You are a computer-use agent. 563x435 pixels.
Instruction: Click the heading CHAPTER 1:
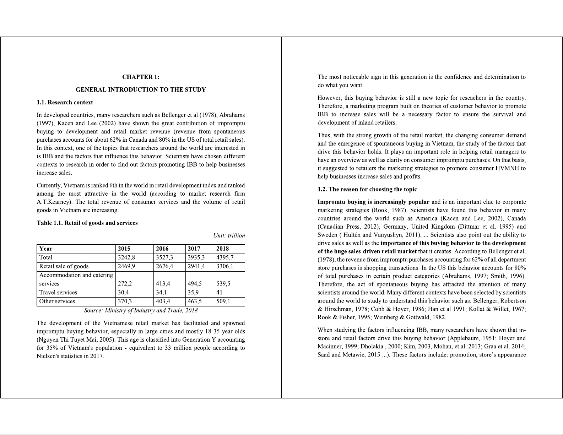(141, 77)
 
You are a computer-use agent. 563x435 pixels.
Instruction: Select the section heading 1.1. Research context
(65, 103)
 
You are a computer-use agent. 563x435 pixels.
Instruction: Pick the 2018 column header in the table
(222, 249)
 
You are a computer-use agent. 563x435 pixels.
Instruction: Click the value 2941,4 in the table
(196, 266)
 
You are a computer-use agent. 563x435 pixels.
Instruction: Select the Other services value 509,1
(223, 301)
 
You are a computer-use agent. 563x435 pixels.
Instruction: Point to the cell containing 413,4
(163, 284)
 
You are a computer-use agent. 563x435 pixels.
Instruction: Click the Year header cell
(46, 249)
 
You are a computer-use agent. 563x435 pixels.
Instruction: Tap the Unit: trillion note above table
(229, 236)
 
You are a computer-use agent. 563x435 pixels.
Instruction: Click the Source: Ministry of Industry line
(141, 311)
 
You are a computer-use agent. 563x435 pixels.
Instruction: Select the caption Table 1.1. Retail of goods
(87, 223)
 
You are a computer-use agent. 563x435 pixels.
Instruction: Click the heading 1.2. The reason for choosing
(367, 189)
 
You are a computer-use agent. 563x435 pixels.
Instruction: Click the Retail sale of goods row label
(64, 266)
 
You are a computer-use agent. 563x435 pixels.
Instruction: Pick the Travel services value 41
(219, 293)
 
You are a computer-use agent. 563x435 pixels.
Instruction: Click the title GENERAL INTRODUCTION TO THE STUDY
(141, 90)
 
